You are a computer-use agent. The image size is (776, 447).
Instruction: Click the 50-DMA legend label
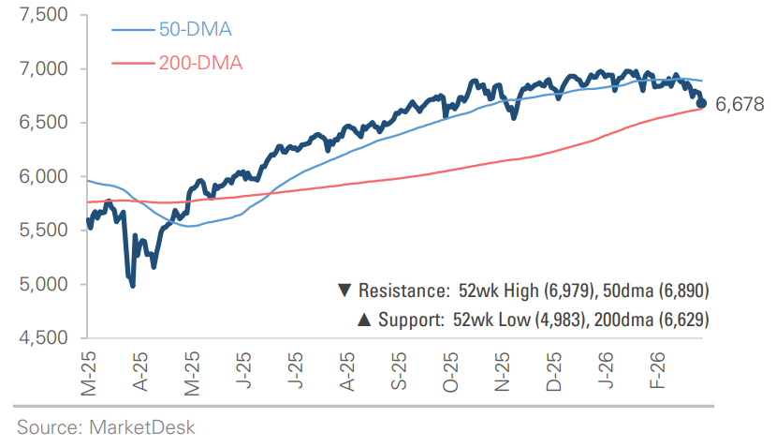(194, 29)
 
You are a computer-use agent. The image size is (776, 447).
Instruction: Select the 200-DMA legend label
(199, 63)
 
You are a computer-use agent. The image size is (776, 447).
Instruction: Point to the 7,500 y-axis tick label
(43, 16)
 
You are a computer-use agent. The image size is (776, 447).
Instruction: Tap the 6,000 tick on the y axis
(43, 176)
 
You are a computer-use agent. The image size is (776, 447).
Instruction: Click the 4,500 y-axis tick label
(43, 337)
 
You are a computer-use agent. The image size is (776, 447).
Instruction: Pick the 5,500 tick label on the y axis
(43, 231)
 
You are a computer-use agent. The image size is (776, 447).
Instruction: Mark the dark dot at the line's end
(702, 103)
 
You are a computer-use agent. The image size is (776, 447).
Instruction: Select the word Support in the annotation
(407, 320)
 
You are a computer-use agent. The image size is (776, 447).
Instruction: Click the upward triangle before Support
(363, 320)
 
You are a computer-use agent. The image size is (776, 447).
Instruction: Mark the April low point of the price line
(132, 285)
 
